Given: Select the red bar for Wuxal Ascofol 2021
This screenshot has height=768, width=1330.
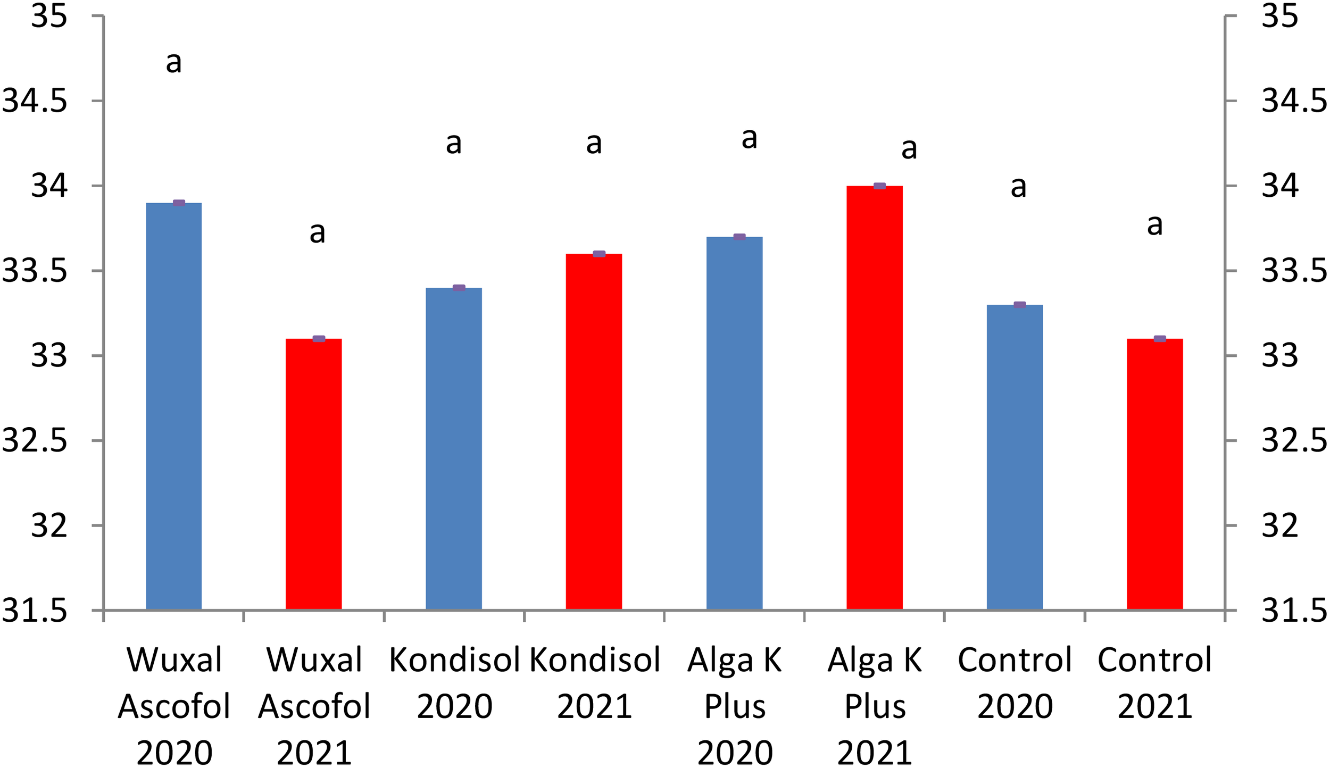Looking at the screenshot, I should pos(313,474).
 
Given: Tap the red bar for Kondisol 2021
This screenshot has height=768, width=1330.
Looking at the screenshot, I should pos(594,431).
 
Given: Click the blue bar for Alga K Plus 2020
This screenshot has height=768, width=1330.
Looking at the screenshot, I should pos(734,423).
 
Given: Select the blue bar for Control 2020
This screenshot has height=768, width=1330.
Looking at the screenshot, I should pos(1015,457).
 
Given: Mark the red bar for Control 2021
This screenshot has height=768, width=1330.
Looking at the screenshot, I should pos(1155,474).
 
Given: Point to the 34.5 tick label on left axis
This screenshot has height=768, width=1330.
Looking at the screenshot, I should pos(35,101).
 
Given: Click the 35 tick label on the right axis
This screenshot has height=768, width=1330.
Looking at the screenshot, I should pos(1279,16).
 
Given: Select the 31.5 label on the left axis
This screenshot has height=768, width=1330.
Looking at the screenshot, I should pos(35,611).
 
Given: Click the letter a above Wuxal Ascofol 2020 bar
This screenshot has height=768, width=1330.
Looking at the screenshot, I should pos(174,63).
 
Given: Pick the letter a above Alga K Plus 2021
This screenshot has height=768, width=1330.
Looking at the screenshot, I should pos(909,149).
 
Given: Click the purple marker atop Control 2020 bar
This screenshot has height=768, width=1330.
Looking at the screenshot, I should pos(1019,305).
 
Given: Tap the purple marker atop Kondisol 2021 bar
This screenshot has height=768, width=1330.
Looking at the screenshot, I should pos(599,254).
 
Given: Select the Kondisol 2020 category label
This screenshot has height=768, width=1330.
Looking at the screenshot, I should pos(454,683).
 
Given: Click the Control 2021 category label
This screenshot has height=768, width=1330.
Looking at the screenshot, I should pos(1154,683).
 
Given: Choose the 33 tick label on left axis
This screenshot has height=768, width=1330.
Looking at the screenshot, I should pos(49,355).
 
